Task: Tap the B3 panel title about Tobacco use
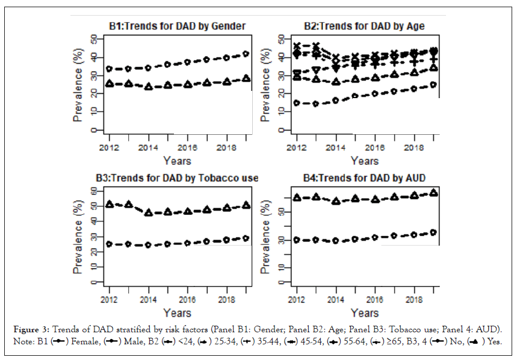176,178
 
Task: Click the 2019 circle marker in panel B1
246,54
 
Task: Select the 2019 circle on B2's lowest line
433,85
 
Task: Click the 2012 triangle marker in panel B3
109,205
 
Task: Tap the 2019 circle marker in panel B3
246,238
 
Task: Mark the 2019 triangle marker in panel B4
433,193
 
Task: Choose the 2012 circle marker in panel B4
297,240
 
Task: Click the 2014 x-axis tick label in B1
148,147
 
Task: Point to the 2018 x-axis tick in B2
414,147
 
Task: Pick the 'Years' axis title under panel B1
176,161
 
